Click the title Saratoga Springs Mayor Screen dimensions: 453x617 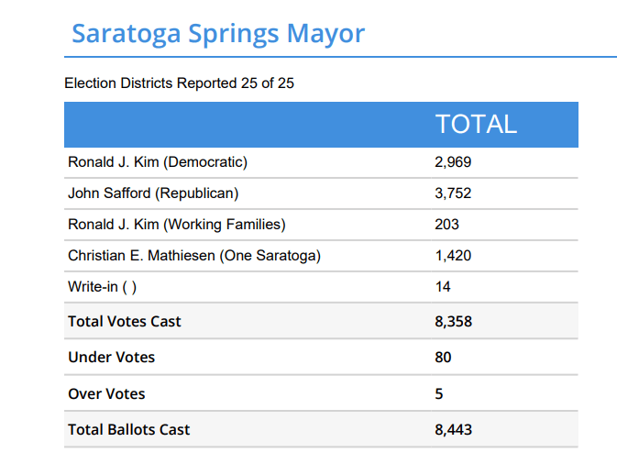coord(218,34)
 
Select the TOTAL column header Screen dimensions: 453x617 coord(476,125)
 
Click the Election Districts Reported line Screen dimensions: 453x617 coord(179,83)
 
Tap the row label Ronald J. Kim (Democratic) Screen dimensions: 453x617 coord(158,162)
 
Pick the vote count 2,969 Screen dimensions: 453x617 coord(453,162)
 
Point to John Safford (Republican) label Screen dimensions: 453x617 coord(153,193)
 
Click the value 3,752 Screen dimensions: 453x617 coord(453,193)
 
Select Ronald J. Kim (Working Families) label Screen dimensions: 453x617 coord(177,225)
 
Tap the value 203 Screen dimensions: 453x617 coord(446,225)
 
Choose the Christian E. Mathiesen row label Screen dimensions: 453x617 coord(194,256)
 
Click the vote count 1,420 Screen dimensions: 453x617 coord(453,256)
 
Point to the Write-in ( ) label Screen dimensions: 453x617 coord(103,287)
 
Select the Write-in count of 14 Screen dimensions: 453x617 coord(443,287)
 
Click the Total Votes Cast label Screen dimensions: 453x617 coord(125,322)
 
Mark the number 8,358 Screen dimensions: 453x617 coord(453,322)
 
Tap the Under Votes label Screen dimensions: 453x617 coord(112,358)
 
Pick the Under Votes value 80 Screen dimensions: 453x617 coord(443,358)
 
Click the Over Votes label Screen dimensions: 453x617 coord(106,393)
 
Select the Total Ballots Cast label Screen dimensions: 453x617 coord(129,429)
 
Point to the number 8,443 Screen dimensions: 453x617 coord(453,429)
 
